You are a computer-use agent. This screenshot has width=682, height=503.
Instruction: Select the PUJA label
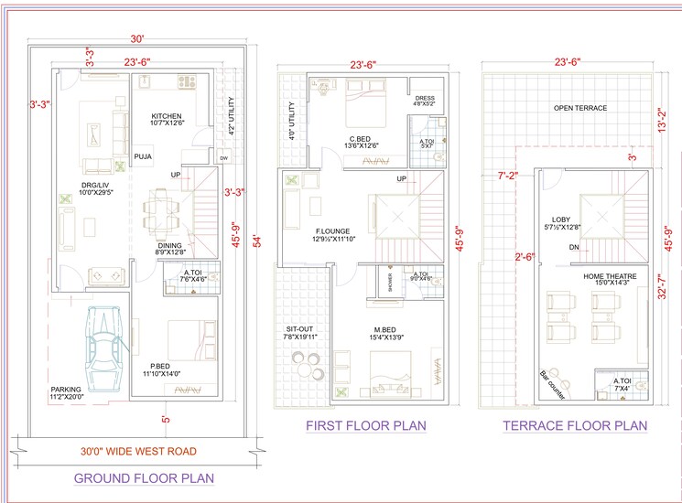point(143,157)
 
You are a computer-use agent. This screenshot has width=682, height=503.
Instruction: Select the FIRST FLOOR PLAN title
point(365,425)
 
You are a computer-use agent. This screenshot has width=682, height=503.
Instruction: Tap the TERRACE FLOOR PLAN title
point(574,425)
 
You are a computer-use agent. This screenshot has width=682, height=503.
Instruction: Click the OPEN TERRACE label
point(579,108)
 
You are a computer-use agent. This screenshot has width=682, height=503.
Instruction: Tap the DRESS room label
point(424,98)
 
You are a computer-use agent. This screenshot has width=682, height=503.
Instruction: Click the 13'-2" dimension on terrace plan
point(674,123)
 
